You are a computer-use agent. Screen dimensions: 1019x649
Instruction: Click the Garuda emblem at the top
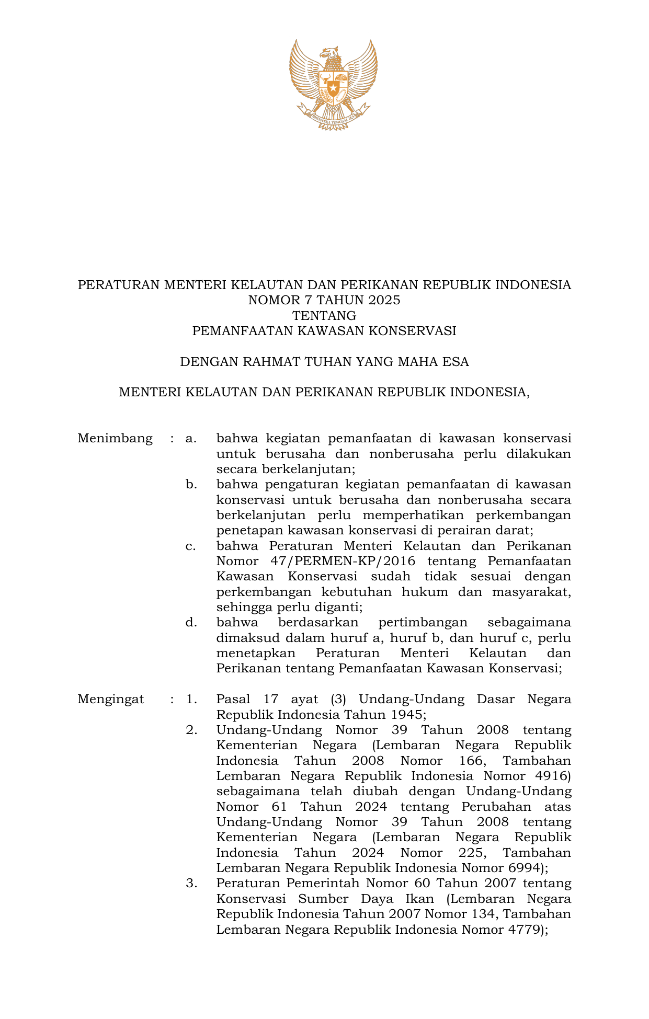[x=333, y=84]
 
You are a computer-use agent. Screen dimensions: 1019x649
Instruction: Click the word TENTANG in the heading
[x=324, y=316]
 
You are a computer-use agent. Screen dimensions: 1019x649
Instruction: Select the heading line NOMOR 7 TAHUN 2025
[x=324, y=300]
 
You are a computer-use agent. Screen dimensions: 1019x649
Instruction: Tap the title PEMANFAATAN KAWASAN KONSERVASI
[x=324, y=331]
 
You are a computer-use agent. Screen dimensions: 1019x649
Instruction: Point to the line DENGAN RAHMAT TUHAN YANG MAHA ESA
[x=324, y=362]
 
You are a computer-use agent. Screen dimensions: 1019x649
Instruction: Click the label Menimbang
[x=115, y=438]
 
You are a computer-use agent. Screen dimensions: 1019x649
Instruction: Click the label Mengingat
[x=111, y=700]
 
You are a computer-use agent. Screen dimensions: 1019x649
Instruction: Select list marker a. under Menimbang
[x=191, y=438]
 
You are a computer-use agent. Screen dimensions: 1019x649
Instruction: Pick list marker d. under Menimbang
[x=191, y=623]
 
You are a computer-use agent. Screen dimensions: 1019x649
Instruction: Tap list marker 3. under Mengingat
[x=191, y=884]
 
